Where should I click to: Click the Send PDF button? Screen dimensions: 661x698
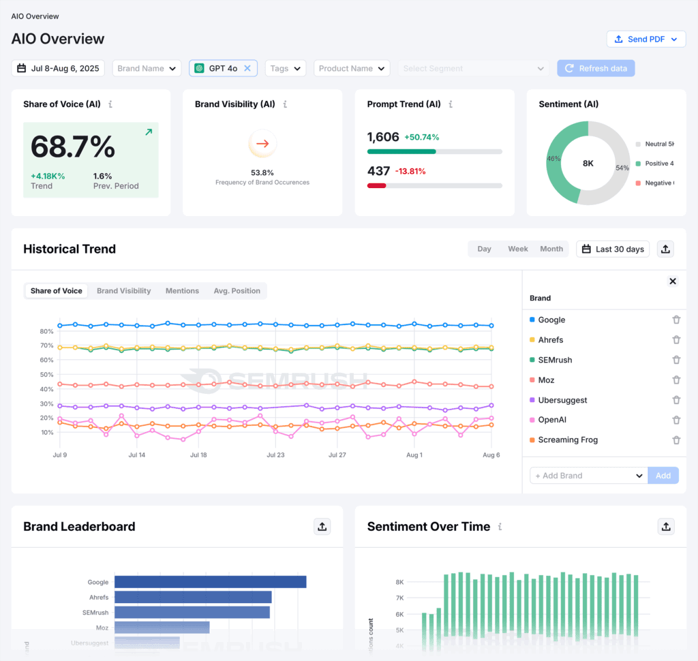(646, 39)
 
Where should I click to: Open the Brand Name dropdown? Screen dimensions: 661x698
(147, 68)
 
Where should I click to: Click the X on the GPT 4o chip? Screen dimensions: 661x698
(247, 68)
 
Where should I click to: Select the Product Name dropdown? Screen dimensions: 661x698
(352, 68)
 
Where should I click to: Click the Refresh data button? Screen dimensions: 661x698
(596, 68)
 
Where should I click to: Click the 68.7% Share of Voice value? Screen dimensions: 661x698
(73, 147)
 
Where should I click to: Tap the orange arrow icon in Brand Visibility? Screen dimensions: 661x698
(262, 144)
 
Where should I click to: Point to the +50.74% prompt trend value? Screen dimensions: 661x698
(422, 137)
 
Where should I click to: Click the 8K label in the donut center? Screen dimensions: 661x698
(588, 164)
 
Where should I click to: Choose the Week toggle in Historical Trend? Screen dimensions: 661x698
(518, 249)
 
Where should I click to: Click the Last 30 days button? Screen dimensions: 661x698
(613, 249)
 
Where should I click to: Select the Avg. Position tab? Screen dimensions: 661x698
(237, 291)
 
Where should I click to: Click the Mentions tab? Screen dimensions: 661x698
(182, 291)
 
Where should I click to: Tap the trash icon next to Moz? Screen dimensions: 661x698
(676, 380)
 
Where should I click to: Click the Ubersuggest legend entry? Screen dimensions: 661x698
(562, 400)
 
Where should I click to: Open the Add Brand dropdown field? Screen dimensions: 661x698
(588, 476)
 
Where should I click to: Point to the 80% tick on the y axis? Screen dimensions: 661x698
(46, 331)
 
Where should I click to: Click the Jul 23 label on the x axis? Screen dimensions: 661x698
(275, 455)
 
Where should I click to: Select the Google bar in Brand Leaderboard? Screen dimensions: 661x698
(210, 582)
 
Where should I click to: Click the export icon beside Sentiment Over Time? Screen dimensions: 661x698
(666, 526)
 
